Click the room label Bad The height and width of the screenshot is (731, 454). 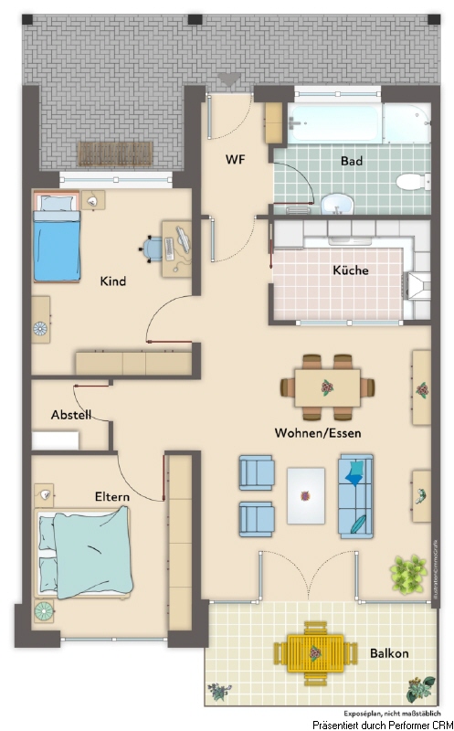pyautogui.click(x=352, y=161)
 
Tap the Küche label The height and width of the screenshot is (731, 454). pyautogui.click(x=350, y=270)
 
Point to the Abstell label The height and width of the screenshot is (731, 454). pyautogui.click(x=70, y=415)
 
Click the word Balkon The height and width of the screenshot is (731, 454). pyautogui.click(x=389, y=653)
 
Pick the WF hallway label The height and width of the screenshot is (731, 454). pyautogui.click(x=236, y=159)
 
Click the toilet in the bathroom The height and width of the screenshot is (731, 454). pyautogui.click(x=411, y=180)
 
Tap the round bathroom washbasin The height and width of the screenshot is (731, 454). pyautogui.click(x=339, y=202)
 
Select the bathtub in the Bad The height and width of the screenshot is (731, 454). pyautogui.click(x=357, y=122)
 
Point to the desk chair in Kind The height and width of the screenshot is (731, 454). pyautogui.click(x=153, y=248)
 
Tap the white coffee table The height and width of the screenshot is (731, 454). pyautogui.click(x=305, y=495)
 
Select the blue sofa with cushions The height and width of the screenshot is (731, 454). pyautogui.click(x=355, y=495)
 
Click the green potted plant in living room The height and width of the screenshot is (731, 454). pyautogui.click(x=407, y=574)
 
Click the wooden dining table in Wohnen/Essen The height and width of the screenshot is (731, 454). pyautogui.click(x=327, y=387)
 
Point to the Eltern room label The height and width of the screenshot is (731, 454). pyautogui.click(x=111, y=496)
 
